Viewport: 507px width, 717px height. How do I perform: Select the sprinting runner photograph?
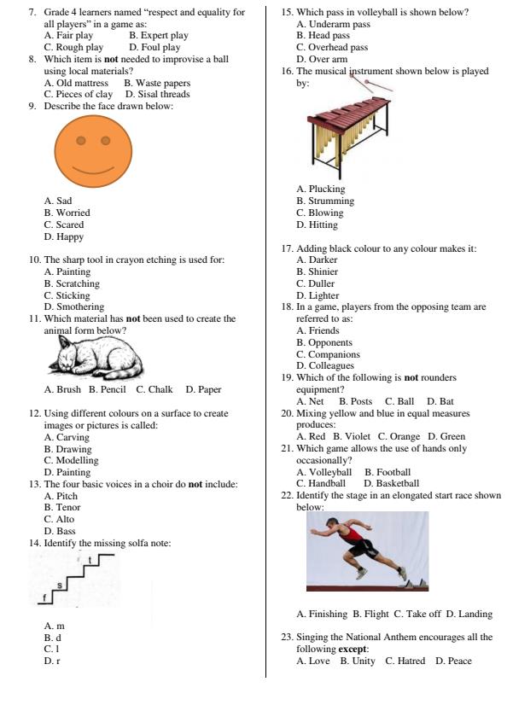point(367,551)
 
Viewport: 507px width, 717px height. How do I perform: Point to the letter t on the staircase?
point(90,560)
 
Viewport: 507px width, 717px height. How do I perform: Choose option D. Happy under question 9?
point(64,236)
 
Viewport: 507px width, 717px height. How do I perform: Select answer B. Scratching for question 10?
point(72,283)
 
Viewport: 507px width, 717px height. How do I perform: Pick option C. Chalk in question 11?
point(154,389)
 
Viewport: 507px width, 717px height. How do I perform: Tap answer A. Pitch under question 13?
point(61,495)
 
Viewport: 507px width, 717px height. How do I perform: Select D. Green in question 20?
point(446,436)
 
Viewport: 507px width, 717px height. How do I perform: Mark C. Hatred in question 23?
point(405,661)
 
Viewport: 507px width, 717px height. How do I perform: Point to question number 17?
point(288,248)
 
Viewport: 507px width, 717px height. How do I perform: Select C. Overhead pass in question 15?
point(332,48)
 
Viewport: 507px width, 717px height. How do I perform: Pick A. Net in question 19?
point(310,400)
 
